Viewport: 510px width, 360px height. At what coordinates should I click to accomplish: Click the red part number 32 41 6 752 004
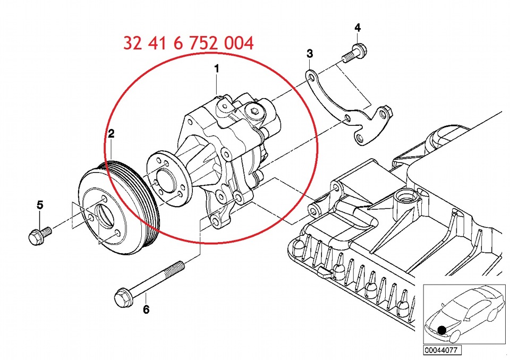pyautogui.click(x=188, y=43)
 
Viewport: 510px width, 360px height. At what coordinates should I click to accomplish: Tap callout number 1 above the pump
pyautogui.click(x=216, y=69)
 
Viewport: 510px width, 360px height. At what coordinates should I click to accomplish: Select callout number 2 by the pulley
pyautogui.click(x=111, y=134)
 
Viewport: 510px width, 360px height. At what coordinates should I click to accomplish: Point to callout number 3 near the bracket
pyautogui.click(x=310, y=54)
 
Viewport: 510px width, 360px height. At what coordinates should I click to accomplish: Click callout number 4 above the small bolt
pyautogui.click(x=357, y=27)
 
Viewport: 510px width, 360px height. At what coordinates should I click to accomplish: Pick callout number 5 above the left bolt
pyautogui.click(x=39, y=204)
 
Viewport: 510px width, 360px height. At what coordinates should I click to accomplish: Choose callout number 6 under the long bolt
pyautogui.click(x=146, y=310)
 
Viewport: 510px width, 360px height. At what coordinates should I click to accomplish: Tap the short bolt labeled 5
pyautogui.click(x=38, y=235)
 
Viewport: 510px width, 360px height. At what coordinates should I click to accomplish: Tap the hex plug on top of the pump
pyautogui.click(x=254, y=112)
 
